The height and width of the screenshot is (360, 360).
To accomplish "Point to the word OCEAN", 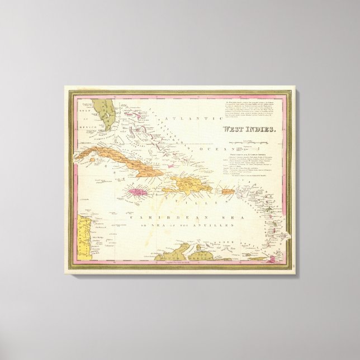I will (203, 149).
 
